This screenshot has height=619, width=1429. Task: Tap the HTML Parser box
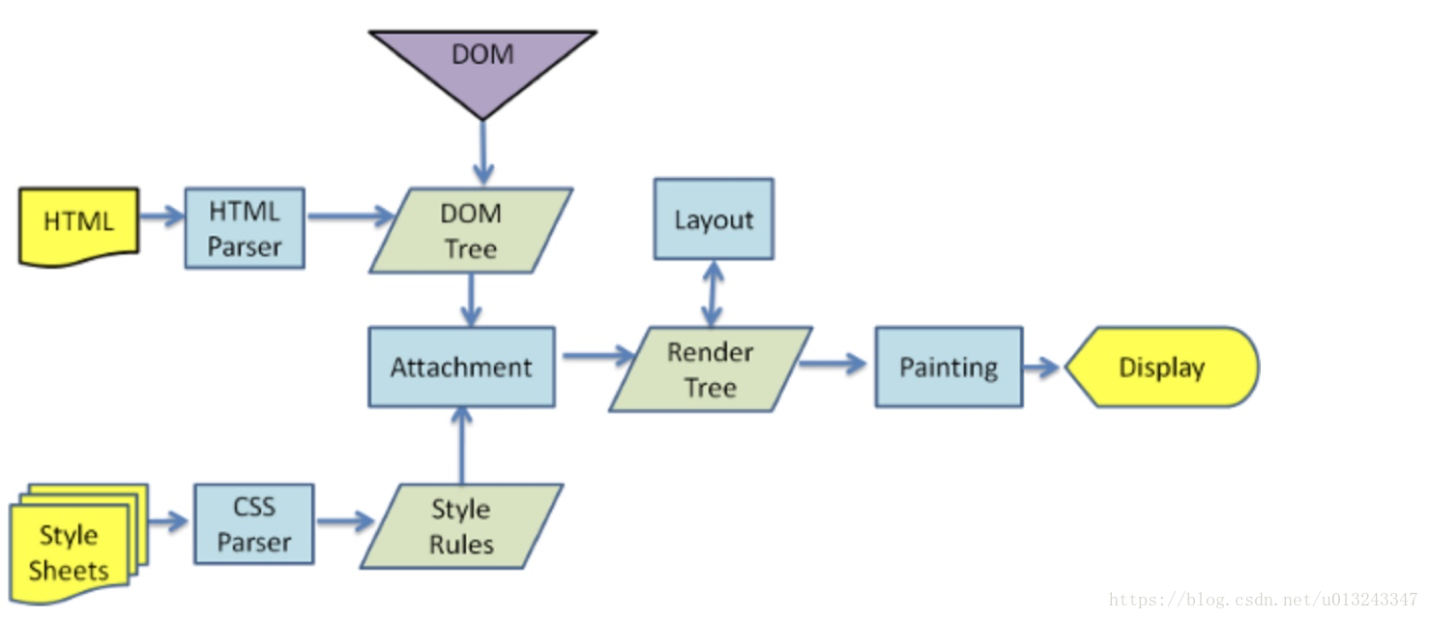[245, 228]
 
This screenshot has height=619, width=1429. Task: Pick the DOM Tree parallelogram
[471, 230]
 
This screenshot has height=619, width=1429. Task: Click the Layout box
[714, 220]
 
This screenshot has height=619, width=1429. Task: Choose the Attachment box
[461, 367]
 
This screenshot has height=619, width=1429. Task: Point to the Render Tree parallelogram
[711, 368]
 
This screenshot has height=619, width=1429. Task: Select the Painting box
[948, 367]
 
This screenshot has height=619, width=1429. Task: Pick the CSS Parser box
[254, 524]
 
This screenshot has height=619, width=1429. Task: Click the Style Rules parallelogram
[461, 526]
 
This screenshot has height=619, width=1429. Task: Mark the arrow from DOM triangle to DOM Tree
[482, 152]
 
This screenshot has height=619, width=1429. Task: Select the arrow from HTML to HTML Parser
[161, 216]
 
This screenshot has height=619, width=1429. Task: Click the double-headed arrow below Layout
[713, 292]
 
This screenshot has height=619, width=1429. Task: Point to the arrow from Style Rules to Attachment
[462, 445]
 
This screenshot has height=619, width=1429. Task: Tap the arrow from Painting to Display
[1042, 368]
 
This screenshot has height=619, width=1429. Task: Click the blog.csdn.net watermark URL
[1263, 600]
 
